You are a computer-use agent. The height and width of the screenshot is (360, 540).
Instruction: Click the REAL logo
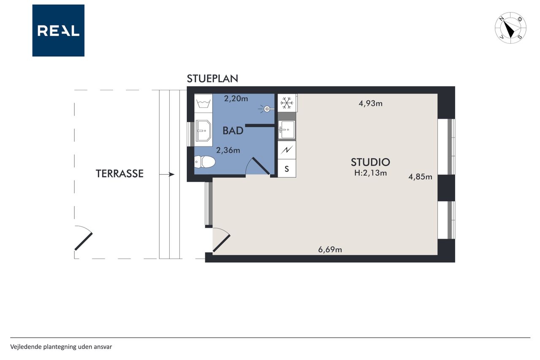click(58, 30)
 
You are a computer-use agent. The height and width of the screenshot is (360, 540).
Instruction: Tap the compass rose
click(510, 28)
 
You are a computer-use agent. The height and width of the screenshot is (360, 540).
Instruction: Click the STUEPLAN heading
click(212, 78)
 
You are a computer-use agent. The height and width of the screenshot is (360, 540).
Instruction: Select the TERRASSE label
click(119, 173)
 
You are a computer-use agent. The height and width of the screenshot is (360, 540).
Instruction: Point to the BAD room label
click(233, 131)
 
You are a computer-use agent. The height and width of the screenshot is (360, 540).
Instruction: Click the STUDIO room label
click(370, 162)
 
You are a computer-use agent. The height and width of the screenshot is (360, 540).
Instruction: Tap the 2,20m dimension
click(236, 99)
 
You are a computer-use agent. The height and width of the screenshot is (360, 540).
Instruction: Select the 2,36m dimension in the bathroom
click(228, 151)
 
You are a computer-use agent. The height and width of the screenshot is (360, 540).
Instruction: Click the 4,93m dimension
click(370, 103)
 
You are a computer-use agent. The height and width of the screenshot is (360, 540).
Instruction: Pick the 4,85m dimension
click(420, 177)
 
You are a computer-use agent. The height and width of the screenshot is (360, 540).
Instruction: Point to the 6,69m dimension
click(330, 249)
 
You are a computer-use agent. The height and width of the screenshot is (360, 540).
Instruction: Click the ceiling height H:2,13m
click(370, 173)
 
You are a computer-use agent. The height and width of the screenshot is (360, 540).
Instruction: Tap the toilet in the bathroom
click(205, 162)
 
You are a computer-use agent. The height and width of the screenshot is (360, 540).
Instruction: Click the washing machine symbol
click(203, 103)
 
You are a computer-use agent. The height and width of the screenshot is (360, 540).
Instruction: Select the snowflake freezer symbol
click(287, 103)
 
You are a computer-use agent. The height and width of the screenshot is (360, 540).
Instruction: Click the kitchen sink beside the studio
click(286, 130)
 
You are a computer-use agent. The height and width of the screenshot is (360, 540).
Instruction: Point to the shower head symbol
click(266, 109)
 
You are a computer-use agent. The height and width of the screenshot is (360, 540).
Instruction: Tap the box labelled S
click(286, 168)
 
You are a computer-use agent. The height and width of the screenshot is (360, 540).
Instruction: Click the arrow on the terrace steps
click(167, 174)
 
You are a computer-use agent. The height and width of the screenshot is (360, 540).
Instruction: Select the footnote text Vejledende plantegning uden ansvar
click(61, 347)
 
